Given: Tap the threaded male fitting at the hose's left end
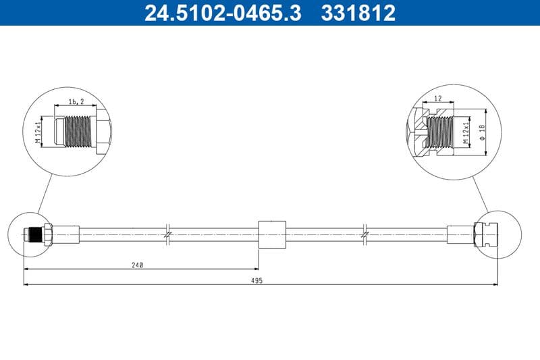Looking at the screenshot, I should (34, 234).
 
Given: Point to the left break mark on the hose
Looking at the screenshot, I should (169, 234).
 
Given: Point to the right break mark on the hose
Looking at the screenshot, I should (365, 234).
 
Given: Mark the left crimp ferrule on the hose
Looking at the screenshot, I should (66, 234).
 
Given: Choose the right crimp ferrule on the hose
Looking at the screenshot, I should (460, 234).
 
